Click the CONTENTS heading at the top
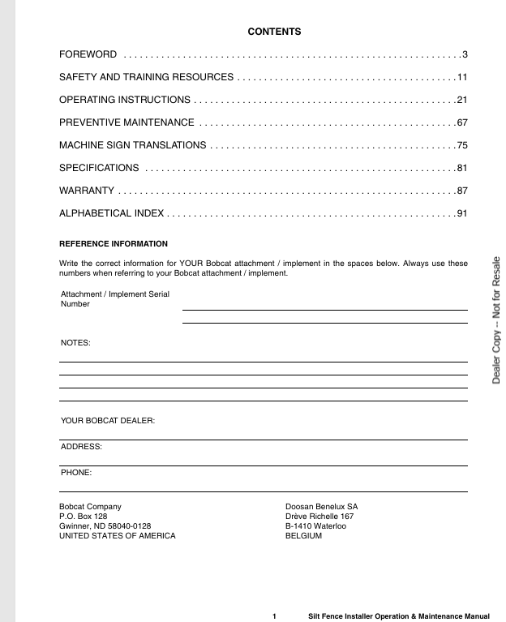coord(274,32)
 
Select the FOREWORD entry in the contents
coord(88,54)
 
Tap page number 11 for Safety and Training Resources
coord(462,77)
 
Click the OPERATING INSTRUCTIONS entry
coord(125,100)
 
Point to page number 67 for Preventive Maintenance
coord(462,122)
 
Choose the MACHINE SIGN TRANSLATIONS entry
coord(132,145)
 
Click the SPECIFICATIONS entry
coord(99,168)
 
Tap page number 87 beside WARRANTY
coord(462,191)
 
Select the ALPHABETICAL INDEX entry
coord(112,213)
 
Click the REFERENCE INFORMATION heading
coord(114,243)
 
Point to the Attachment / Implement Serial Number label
coord(114,298)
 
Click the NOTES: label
coord(76,343)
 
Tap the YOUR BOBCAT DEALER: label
coord(108,420)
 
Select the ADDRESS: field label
coord(82,446)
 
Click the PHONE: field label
coord(76,471)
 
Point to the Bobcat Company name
coord(90,506)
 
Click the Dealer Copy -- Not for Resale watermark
coord(495,320)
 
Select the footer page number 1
coord(275,616)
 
